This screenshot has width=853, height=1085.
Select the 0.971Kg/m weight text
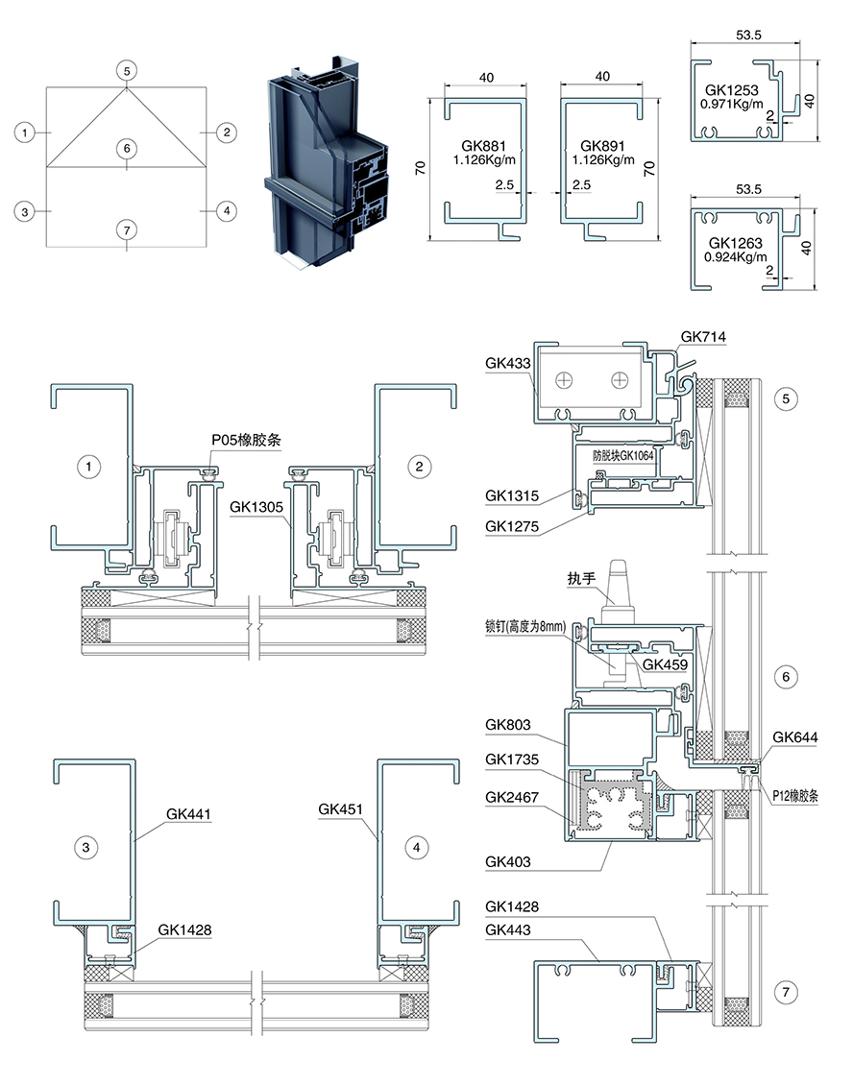(x=732, y=104)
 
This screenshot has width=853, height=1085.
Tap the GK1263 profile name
(x=735, y=244)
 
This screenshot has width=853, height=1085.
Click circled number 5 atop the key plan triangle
(x=127, y=71)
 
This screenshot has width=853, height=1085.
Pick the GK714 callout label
(x=703, y=337)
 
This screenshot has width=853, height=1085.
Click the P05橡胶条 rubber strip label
(x=247, y=440)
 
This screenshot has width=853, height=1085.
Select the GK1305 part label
(x=256, y=507)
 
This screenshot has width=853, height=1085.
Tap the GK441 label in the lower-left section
(x=188, y=814)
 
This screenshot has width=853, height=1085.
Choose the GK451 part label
(x=341, y=808)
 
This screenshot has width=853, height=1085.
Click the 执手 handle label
(x=581, y=578)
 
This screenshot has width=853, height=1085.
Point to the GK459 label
(x=666, y=664)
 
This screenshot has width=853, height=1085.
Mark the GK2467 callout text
(x=512, y=797)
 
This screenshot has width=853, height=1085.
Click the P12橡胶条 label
(x=795, y=796)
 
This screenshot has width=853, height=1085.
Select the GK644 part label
(x=794, y=737)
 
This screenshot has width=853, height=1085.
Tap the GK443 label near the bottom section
(x=508, y=930)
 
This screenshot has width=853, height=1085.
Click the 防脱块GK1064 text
(x=623, y=455)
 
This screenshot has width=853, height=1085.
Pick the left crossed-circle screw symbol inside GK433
(x=566, y=380)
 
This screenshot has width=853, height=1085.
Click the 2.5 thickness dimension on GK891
(x=581, y=184)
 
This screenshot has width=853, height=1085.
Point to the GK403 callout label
(x=508, y=862)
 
